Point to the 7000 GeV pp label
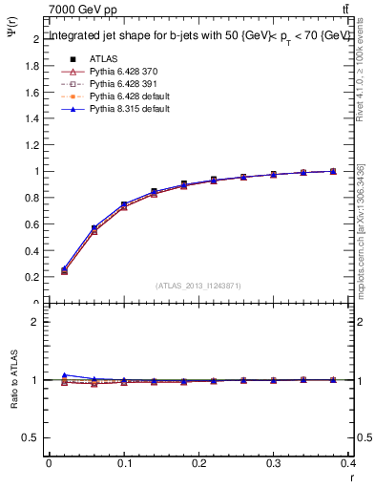click(83, 10)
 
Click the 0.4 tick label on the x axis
click(348, 463)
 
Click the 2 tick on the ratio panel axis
click(34, 322)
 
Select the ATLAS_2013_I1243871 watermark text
click(198, 286)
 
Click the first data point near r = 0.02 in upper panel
click(64, 270)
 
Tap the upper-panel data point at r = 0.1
click(124, 205)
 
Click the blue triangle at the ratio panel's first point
click(64, 375)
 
